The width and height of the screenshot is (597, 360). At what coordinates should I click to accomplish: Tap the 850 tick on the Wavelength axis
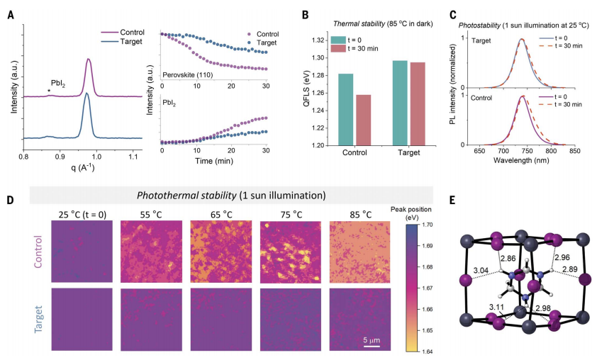575,151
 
